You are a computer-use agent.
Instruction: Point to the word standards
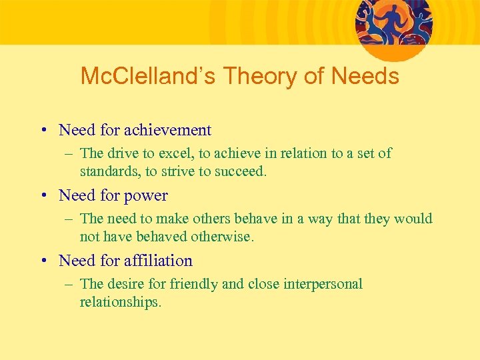point(109,171)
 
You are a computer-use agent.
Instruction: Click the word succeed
point(241,171)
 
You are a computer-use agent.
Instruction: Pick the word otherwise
point(223,237)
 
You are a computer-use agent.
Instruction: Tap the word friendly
point(193,284)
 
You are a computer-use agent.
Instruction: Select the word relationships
point(120,302)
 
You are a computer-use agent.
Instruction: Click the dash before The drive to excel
point(69,154)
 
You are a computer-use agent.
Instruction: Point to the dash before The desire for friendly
point(69,285)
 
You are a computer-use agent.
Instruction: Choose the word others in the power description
point(209,219)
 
